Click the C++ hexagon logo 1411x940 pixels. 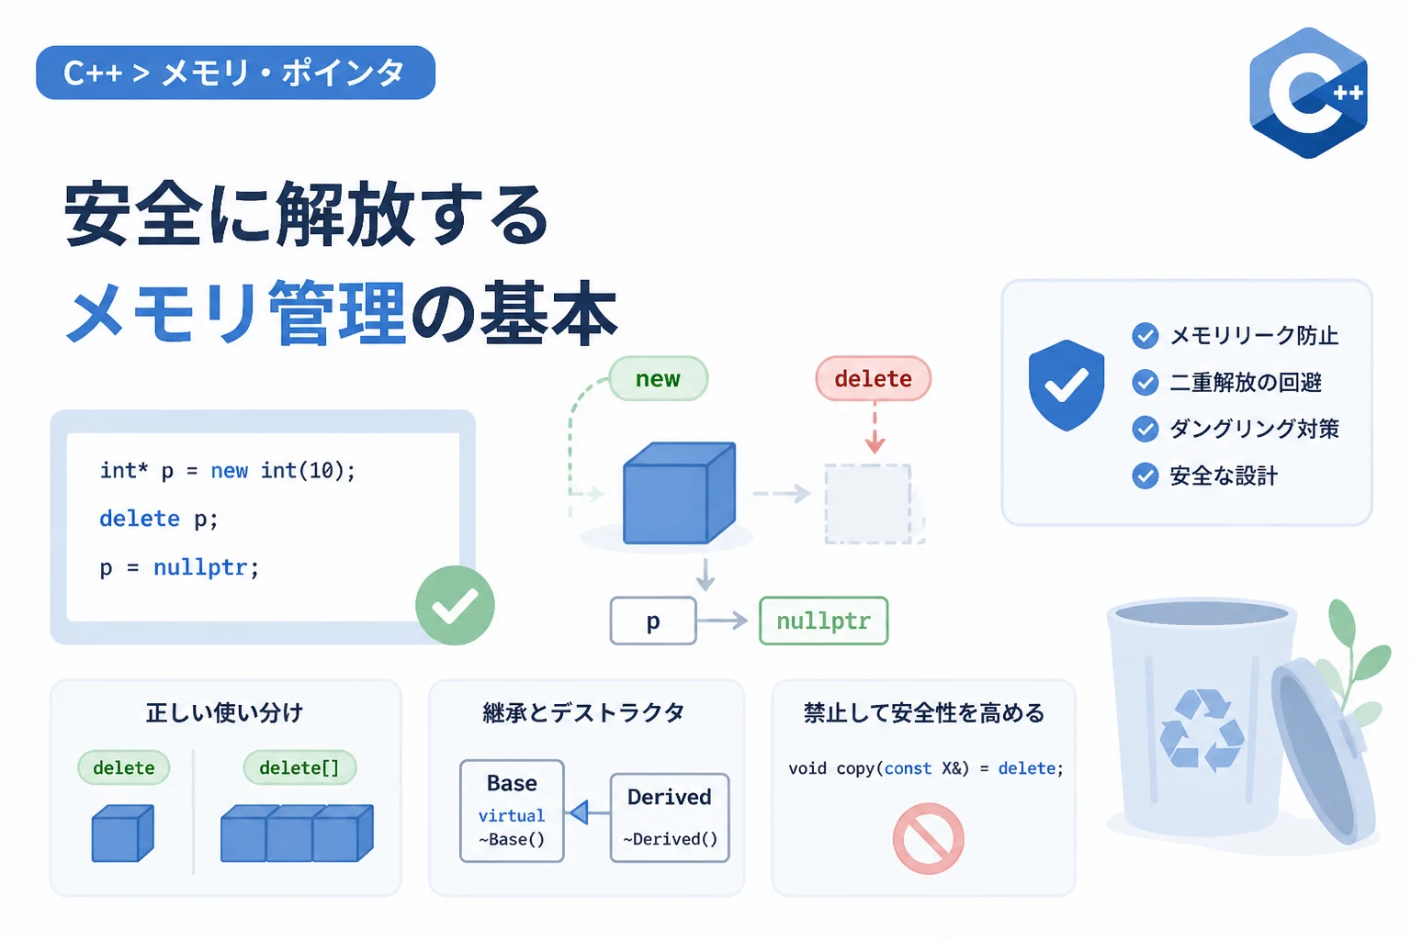[x=1308, y=94]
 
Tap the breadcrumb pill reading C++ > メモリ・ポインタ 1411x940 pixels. [x=235, y=73]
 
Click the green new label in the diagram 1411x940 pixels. [x=659, y=378]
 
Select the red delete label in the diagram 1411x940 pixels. [x=873, y=378]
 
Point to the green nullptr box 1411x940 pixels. [x=824, y=621]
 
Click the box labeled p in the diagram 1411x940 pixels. [x=653, y=621]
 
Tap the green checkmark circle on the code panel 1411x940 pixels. [x=455, y=605]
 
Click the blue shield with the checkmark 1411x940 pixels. [x=1066, y=386]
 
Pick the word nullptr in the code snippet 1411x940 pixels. [x=200, y=567]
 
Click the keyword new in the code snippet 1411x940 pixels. [x=230, y=470]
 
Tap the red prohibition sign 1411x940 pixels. [x=928, y=838]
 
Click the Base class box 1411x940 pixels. [x=512, y=811]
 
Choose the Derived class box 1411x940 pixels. [x=670, y=817]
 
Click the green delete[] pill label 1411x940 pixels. [x=299, y=767]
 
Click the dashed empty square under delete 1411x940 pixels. [x=868, y=504]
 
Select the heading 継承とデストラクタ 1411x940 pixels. [x=583, y=712]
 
